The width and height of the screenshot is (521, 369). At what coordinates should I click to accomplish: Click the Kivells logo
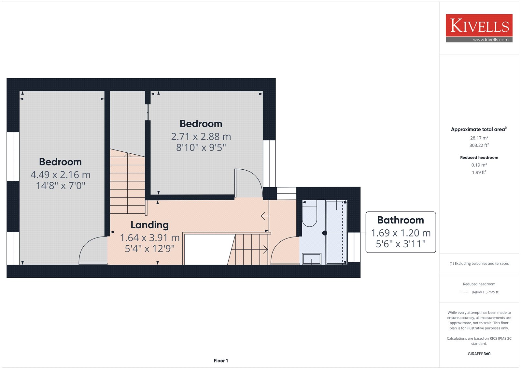(479, 28)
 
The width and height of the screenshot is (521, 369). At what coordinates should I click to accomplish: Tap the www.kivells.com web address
(490, 39)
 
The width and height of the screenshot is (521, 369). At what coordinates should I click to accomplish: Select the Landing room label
(149, 225)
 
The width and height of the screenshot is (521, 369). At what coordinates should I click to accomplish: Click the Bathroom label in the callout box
(401, 220)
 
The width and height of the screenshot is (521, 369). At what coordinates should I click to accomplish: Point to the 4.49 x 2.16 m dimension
(61, 175)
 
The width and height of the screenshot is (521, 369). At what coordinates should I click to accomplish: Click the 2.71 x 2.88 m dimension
(201, 137)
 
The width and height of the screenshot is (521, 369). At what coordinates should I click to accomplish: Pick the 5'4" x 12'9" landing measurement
(149, 249)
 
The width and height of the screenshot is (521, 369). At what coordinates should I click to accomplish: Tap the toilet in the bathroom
(309, 213)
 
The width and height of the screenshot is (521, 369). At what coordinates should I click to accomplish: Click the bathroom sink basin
(312, 259)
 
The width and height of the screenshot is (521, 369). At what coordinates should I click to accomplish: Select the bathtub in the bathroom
(337, 232)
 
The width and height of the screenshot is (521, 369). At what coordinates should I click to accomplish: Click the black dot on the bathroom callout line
(324, 233)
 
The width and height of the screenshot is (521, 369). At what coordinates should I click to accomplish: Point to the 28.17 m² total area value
(479, 138)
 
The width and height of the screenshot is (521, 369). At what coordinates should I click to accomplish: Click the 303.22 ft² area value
(479, 145)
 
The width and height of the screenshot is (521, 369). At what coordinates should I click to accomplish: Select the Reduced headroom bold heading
(479, 158)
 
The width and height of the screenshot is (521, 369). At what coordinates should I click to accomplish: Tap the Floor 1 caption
(221, 361)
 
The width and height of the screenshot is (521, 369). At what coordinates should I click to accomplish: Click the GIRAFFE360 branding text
(479, 354)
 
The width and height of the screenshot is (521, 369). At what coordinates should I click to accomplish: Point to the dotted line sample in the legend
(464, 292)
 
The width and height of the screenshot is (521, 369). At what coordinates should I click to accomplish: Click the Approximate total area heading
(479, 130)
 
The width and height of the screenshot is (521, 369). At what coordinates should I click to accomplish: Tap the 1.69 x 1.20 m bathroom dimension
(401, 233)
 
